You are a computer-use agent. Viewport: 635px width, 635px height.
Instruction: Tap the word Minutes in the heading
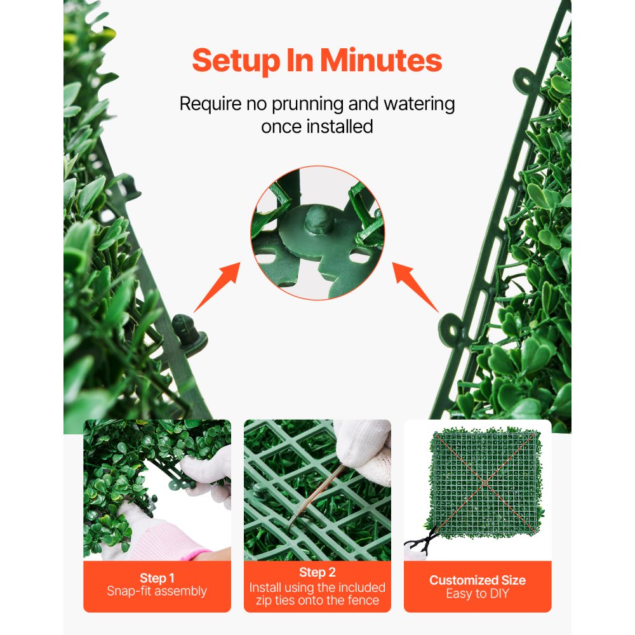(381, 61)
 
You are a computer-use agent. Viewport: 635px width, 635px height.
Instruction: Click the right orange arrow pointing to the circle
(415, 286)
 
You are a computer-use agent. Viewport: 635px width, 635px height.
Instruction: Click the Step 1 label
(157, 578)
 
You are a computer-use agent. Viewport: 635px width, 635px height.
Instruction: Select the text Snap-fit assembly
(157, 591)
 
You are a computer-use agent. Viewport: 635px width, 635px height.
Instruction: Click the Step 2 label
(317, 573)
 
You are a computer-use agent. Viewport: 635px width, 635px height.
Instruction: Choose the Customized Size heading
(478, 580)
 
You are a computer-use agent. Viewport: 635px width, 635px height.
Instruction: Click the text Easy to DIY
(478, 594)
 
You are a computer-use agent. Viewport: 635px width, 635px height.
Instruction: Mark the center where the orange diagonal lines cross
(484, 483)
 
